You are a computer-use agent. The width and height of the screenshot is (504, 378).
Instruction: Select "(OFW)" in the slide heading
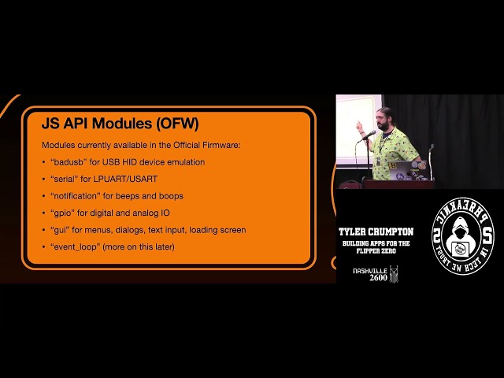[x=177, y=124]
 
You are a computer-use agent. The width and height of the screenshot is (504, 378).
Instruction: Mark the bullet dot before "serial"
[x=44, y=180]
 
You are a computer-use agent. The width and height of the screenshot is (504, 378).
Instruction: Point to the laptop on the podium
[x=409, y=168]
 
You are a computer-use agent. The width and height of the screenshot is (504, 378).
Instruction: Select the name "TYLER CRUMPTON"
[x=375, y=232]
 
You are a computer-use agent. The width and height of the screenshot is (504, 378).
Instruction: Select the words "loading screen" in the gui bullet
[x=220, y=230]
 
